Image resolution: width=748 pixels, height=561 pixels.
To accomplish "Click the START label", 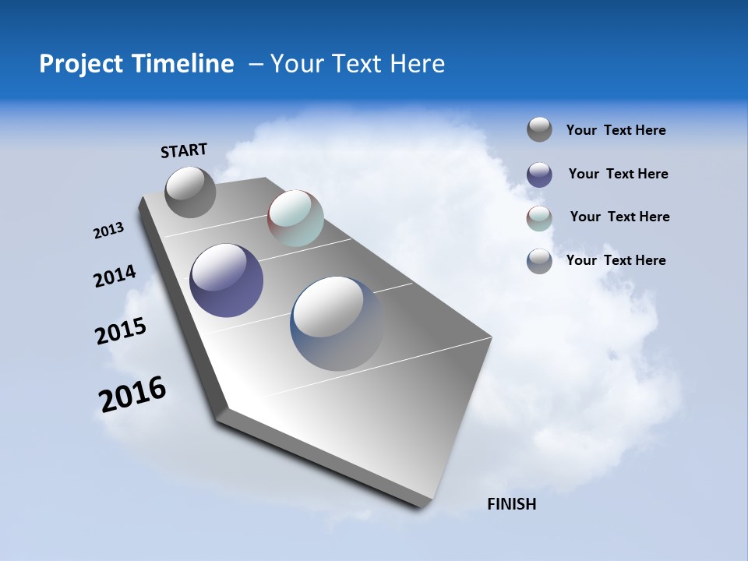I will [184, 150].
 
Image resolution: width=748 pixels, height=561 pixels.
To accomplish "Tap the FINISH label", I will [511, 504].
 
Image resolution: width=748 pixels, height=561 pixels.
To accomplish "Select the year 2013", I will [108, 231].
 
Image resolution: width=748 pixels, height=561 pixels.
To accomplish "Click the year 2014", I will [115, 277].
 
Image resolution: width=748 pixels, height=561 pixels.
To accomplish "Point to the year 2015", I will [121, 330].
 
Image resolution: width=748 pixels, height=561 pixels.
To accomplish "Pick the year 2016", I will [132, 394].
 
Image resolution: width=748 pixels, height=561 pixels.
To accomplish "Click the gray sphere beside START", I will [191, 192].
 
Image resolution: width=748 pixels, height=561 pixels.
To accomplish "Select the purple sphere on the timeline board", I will [226, 280].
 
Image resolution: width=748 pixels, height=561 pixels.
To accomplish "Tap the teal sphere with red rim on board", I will [295, 218].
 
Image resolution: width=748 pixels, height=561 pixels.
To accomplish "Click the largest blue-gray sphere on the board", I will [337, 323].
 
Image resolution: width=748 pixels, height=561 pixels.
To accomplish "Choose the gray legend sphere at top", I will [539, 130].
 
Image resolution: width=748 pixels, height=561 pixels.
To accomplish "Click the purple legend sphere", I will [539, 175].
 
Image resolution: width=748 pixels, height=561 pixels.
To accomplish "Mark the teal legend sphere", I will [539, 218].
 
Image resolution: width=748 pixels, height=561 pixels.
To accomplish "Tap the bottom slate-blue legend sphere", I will [539, 261].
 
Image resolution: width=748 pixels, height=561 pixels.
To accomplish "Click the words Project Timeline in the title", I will [136, 64].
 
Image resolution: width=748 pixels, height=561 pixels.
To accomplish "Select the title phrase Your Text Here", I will [358, 64].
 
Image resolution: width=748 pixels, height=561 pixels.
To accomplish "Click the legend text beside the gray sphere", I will [616, 131].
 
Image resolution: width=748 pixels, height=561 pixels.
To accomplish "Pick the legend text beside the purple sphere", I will [618, 174].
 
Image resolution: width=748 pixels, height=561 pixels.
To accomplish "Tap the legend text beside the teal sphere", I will [619, 217].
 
